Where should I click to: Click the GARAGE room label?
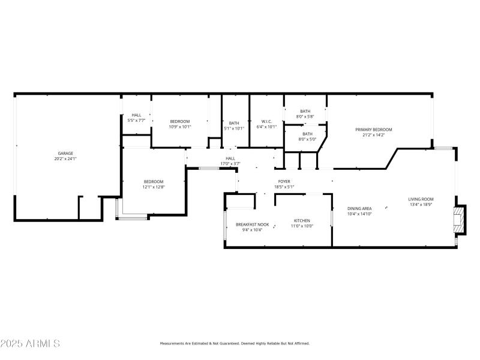65,153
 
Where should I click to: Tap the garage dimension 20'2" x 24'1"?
65,159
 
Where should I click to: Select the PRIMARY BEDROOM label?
373,130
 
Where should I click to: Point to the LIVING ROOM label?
421,199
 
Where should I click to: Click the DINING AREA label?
359,208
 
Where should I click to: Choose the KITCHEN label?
302,220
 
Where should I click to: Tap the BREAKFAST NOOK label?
253,224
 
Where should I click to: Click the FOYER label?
284,181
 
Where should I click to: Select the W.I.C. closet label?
266,121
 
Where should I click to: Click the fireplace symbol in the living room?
459,220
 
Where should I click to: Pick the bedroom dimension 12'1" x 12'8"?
153,187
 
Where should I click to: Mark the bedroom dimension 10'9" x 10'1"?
179,127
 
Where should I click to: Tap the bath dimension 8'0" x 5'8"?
305,116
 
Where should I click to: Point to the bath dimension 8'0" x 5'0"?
307,139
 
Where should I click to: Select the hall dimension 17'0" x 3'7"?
230,164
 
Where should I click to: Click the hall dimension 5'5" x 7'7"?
136,120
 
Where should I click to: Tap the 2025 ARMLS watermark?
30,344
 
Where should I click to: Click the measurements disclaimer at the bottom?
234,344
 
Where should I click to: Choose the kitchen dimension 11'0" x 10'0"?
302,226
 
